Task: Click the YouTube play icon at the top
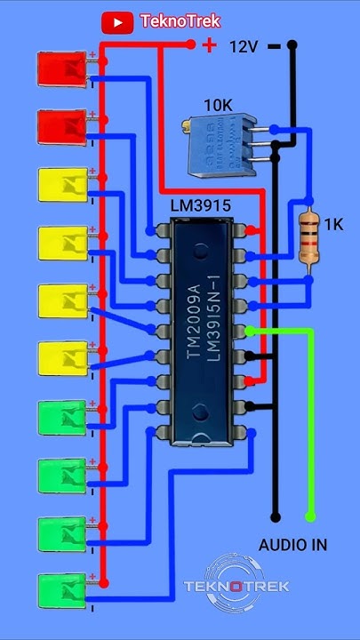click(117, 21)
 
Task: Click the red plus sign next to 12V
click(209, 44)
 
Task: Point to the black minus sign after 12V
click(274, 45)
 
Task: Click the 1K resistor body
click(308, 237)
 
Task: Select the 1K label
click(333, 226)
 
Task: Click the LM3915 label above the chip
click(201, 205)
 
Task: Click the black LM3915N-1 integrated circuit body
click(207, 329)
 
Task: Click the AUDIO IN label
click(292, 544)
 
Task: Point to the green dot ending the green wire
click(310, 516)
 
